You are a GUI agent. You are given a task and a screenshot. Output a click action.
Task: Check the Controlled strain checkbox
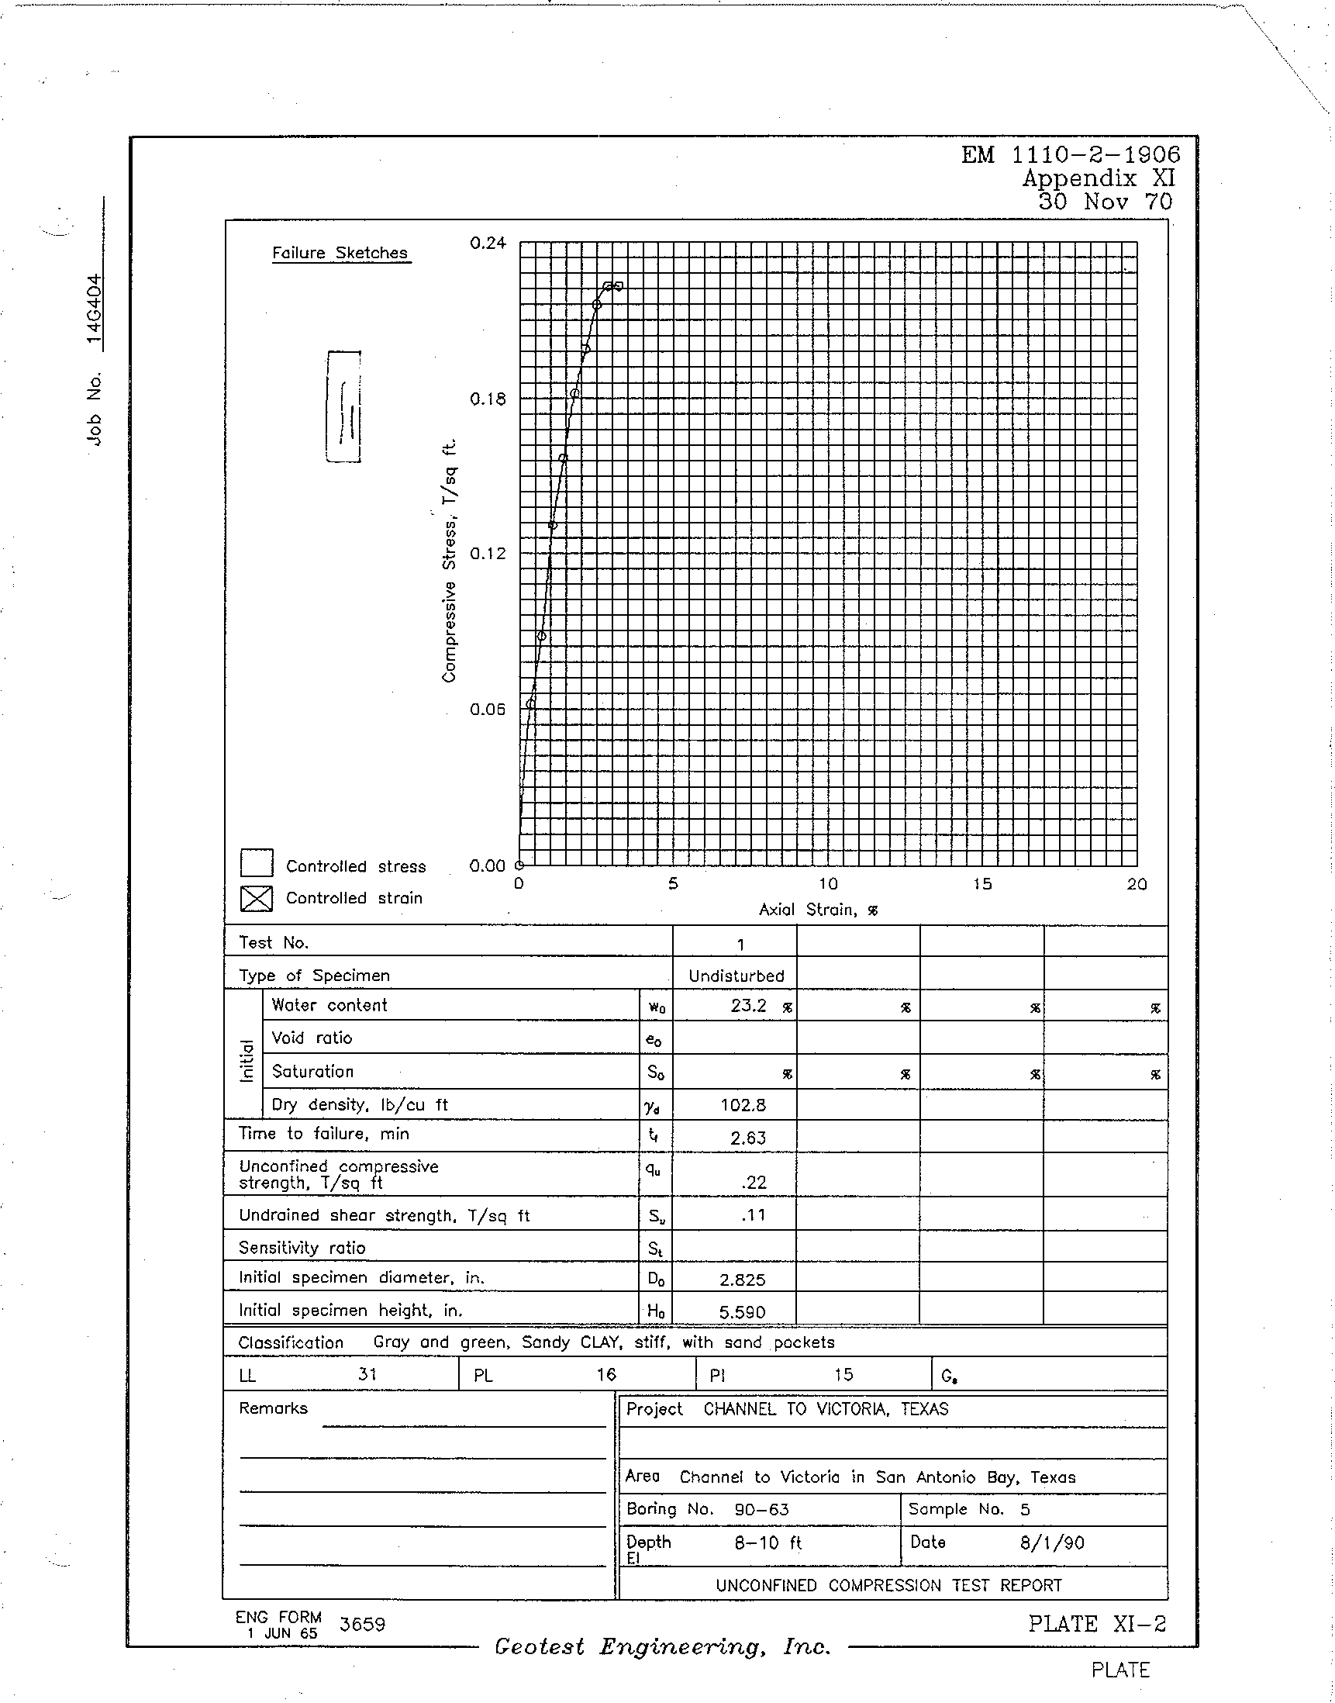tap(257, 898)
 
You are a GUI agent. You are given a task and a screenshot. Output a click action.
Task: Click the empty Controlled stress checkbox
tap(257, 863)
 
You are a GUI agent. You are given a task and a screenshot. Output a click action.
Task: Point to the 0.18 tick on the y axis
tap(488, 399)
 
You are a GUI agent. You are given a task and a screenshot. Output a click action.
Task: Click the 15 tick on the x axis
tap(981, 883)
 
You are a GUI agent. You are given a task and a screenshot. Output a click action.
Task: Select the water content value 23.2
tap(748, 1006)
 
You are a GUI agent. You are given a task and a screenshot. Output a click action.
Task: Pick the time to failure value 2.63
tap(747, 1138)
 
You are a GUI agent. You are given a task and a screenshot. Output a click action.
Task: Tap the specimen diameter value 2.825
tap(742, 1280)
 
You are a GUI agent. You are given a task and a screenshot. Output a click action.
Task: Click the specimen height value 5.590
tap(742, 1312)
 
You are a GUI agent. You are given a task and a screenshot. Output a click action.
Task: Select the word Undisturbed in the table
tap(736, 976)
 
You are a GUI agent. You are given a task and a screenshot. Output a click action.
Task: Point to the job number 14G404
tap(94, 309)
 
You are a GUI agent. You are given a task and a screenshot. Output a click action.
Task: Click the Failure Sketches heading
tap(340, 253)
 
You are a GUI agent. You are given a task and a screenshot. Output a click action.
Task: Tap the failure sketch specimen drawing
tap(344, 406)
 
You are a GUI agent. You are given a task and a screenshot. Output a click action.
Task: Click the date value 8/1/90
tap(1052, 1542)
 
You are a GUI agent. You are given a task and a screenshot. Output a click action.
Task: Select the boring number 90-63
tap(761, 1510)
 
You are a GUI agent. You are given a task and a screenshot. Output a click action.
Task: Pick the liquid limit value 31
tap(367, 1374)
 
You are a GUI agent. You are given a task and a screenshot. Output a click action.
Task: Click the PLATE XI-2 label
tap(1096, 1624)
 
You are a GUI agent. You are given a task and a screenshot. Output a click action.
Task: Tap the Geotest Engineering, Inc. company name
tap(662, 1647)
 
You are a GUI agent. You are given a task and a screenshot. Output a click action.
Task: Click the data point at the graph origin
tap(519, 865)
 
